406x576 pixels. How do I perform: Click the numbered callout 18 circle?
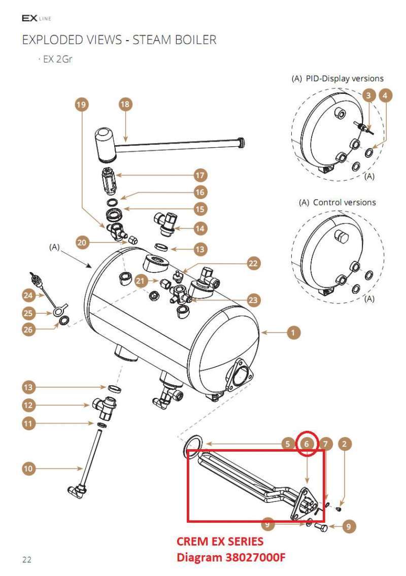pos(125,105)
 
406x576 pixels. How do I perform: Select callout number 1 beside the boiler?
pos(293,332)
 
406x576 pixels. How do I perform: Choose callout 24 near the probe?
pos(28,294)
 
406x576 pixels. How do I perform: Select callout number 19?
pos(81,105)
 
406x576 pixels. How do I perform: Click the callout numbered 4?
pos(385,95)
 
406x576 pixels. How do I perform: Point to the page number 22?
pos(27,560)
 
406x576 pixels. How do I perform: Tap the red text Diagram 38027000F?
pos(230,557)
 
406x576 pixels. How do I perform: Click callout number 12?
pos(28,405)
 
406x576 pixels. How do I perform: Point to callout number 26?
pos(28,329)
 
